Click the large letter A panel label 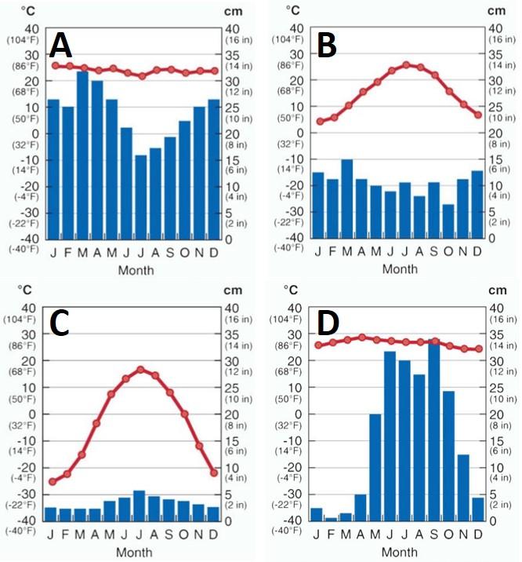(61, 47)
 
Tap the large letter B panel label (327, 46)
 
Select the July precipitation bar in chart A (141, 196)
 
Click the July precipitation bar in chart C (140, 505)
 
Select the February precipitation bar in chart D (332, 518)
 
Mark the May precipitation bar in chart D (375, 466)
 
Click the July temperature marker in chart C (140, 369)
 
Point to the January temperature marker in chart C (52, 482)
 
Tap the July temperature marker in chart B (406, 64)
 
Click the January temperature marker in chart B (319, 122)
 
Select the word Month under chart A (136, 270)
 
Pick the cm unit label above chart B (497, 10)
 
